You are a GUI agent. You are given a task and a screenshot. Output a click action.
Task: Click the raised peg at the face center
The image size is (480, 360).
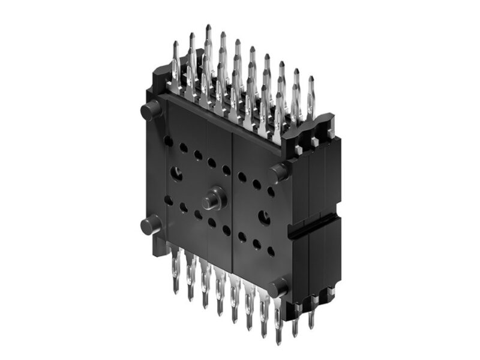pyautogui.click(x=212, y=200)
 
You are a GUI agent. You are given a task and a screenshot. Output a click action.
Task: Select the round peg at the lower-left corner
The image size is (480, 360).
pyautogui.click(x=149, y=226)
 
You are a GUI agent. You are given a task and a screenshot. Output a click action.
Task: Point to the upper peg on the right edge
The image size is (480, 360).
pyautogui.click(x=278, y=173)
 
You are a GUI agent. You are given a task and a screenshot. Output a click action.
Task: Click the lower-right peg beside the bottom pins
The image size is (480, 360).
pyautogui.click(x=278, y=288)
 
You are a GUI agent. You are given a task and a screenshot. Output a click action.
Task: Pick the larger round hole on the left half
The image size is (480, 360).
pyautogui.click(x=178, y=175)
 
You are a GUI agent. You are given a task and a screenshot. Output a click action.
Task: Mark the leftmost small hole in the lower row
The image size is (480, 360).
pyautogui.click(x=169, y=200)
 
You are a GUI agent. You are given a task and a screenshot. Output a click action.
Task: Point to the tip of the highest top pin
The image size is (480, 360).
pyautogui.click(x=208, y=27)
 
